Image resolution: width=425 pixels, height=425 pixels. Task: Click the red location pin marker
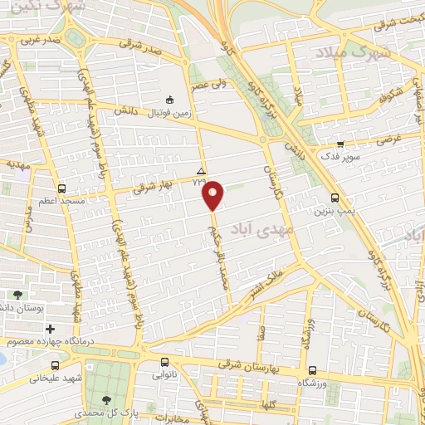[x=214, y=195]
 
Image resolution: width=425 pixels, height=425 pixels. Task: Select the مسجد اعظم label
[x=60, y=201]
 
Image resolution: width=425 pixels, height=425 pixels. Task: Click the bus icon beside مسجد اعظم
[x=61, y=188]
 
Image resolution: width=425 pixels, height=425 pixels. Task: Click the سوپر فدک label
[x=340, y=155]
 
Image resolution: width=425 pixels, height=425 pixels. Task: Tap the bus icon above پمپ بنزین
[x=335, y=198]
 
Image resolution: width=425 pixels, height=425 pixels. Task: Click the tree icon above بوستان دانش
[x=18, y=295]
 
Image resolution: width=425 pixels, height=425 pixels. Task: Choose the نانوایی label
[x=164, y=374]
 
